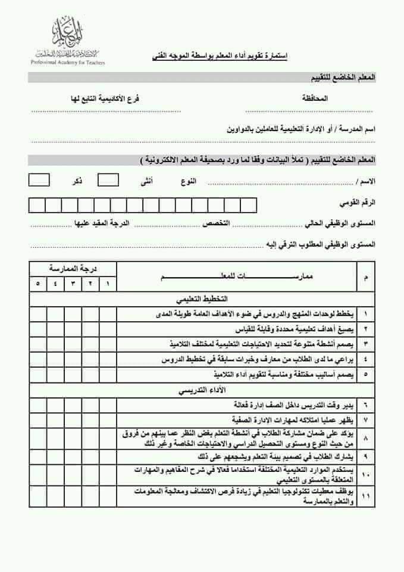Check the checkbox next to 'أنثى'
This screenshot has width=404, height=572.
pyautogui.click(x=108, y=179)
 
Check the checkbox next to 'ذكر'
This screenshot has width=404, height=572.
pyautogui.click(x=39, y=179)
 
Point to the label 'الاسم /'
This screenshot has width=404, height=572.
pyautogui.click(x=364, y=181)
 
